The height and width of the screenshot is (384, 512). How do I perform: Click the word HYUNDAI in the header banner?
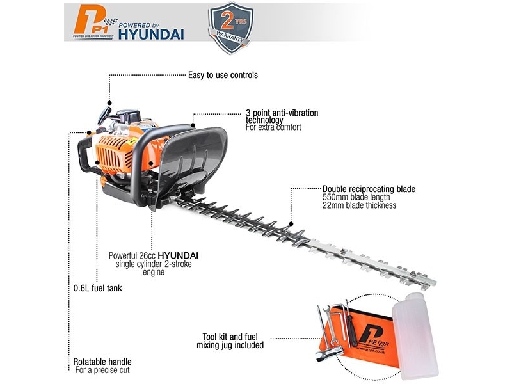(x=151, y=35)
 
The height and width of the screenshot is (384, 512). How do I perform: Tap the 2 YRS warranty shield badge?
(x=231, y=28)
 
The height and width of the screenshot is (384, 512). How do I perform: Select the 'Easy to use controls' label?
(x=223, y=75)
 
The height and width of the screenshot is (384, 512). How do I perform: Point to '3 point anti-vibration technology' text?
(x=282, y=116)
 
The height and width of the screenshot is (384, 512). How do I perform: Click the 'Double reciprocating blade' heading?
(x=369, y=189)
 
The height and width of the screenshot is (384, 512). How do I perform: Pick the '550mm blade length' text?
(x=356, y=197)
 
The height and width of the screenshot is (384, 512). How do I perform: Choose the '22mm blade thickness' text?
(x=359, y=205)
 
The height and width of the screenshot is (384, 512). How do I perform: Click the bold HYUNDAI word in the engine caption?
(x=178, y=255)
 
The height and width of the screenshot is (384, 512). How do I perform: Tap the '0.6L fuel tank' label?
(x=98, y=288)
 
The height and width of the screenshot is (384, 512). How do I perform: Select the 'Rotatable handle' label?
(x=102, y=362)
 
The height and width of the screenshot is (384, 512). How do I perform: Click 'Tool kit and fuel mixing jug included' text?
(x=230, y=341)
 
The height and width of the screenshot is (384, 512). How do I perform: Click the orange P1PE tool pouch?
(x=362, y=337)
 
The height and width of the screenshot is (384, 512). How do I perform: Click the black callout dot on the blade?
(x=291, y=224)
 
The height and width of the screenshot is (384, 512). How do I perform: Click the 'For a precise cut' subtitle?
(x=102, y=371)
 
